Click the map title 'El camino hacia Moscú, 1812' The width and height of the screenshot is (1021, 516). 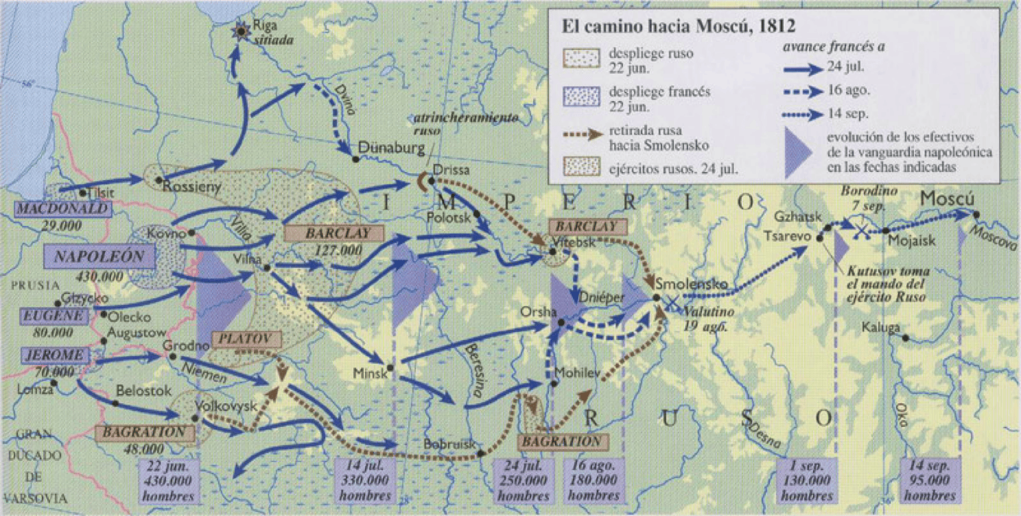coord(679,27)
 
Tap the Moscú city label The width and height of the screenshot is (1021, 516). coord(947,199)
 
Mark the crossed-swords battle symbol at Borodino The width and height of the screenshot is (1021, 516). coord(861,230)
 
